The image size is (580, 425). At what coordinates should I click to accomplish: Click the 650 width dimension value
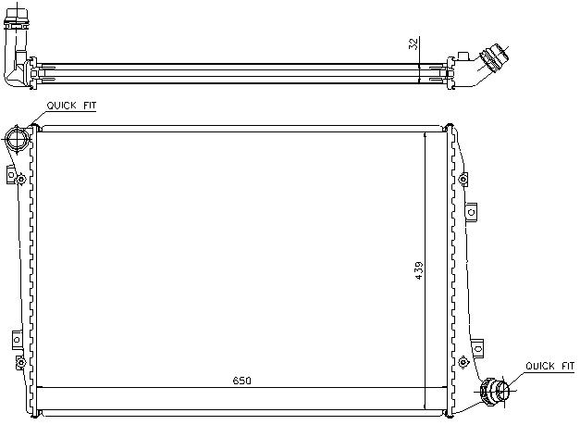(x=242, y=381)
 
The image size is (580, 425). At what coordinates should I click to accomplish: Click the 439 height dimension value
(x=419, y=270)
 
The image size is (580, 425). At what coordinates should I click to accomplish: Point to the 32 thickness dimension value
(x=413, y=44)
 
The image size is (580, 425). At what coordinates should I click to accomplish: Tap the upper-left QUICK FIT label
(x=71, y=106)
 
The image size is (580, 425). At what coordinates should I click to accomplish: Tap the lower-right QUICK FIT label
(x=549, y=366)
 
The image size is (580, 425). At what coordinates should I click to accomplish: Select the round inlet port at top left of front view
(x=18, y=138)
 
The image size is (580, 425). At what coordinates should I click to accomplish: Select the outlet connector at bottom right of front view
(x=495, y=391)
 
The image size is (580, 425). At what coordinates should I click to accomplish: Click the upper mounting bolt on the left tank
(x=21, y=180)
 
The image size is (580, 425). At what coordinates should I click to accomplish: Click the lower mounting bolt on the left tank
(x=20, y=362)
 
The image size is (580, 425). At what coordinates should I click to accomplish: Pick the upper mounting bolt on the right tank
(x=463, y=180)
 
